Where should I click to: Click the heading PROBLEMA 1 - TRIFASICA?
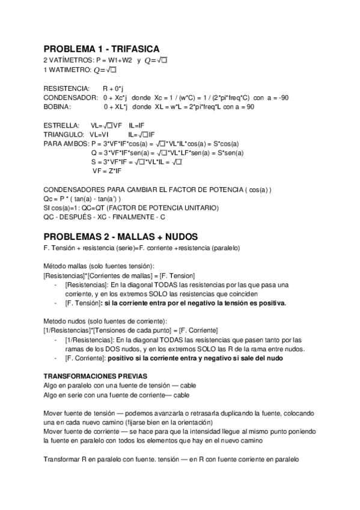[102, 49]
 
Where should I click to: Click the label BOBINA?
[57, 106]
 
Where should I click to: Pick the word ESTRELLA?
[61, 125]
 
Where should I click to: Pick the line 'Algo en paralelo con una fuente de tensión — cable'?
[120, 385]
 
